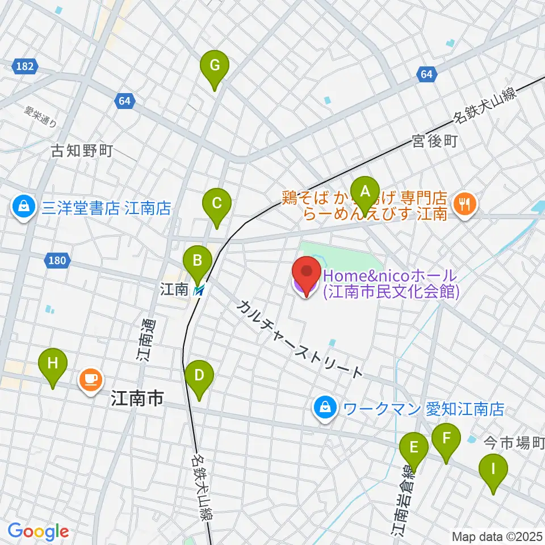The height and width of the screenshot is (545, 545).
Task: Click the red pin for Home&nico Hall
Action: point(307,274)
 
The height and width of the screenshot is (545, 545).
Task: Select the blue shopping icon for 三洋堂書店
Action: point(24,208)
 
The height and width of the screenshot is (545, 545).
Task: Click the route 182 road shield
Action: point(24,66)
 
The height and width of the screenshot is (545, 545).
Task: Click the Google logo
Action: point(39,531)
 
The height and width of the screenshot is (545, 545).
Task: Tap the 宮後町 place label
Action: point(435,142)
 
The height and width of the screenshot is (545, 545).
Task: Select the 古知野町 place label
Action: point(82,151)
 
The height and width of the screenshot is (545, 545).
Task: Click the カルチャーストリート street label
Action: point(299,339)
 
